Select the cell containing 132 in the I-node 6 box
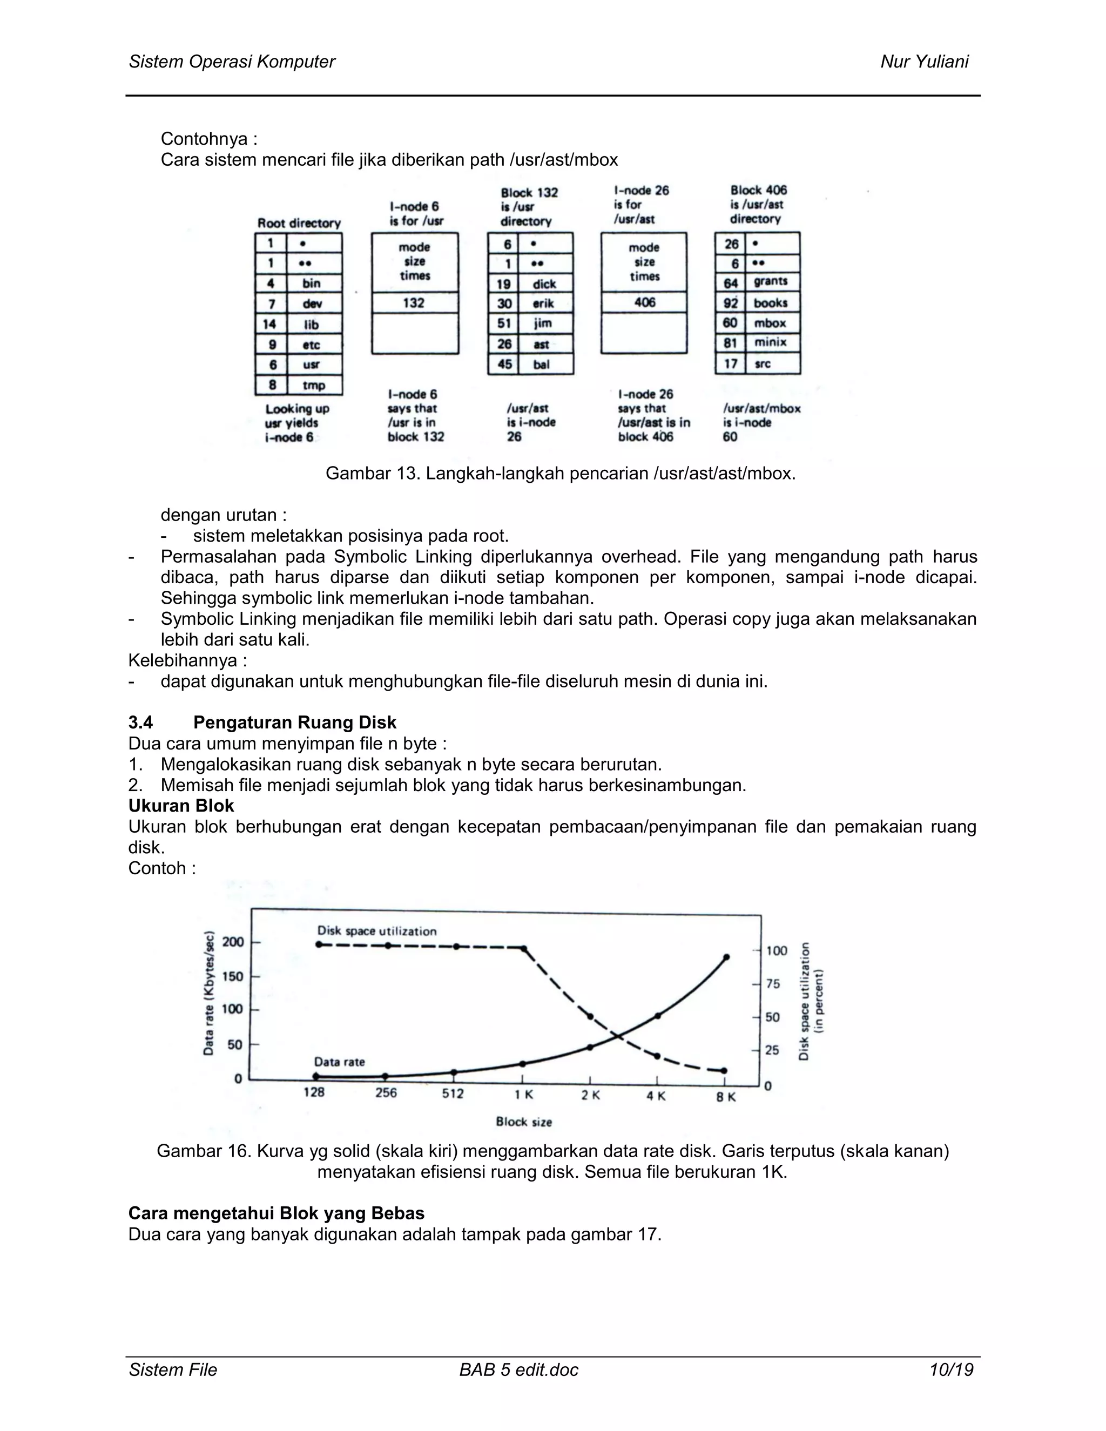(x=414, y=303)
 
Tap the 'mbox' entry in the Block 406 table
(x=770, y=323)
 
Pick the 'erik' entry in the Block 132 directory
(x=543, y=303)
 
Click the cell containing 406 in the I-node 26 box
(x=644, y=302)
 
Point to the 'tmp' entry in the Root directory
(x=313, y=385)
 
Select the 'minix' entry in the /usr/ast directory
(x=770, y=342)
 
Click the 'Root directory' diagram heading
(x=299, y=223)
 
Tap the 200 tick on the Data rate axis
(x=233, y=942)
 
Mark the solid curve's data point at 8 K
(x=726, y=957)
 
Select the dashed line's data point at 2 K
(x=590, y=1017)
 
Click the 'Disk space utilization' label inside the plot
(x=377, y=931)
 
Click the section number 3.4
(x=140, y=722)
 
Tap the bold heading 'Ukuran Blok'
(x=181, y=805)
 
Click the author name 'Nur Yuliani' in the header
(x=924, y=62)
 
